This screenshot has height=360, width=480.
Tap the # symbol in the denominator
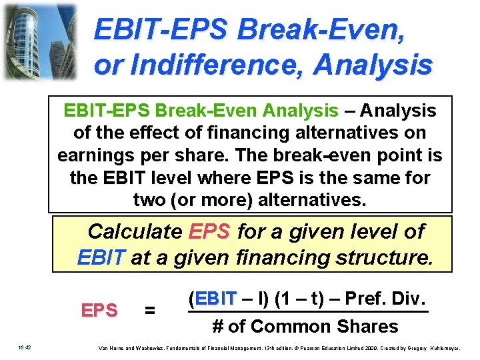pyautogui.click(x=217, y=327)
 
